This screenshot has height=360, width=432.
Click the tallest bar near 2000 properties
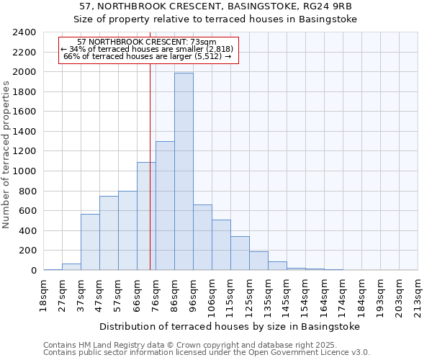(x=184, y=171)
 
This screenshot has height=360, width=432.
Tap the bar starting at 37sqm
(x=90, y=242)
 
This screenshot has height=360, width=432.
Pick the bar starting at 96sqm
(x=202, y=238)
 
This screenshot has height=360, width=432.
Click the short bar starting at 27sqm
(x=71, y=266)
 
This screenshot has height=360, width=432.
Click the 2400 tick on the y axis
(x=24, y=32)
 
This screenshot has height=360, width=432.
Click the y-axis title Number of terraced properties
(x=6, y=155)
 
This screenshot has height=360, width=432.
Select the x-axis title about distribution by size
(x=229, y=327)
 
